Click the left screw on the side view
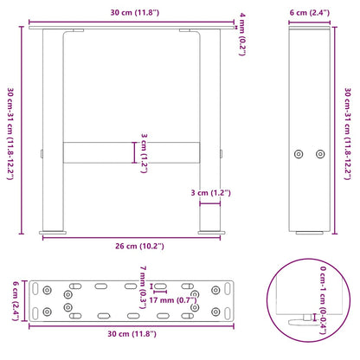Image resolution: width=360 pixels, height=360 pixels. pyautogui.click(x=299, y=153)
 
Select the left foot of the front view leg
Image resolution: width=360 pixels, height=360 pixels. pyautogui.click(x=54, y=232)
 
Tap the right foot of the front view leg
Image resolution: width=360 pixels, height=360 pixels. pyautogui.click(x=209, y=232)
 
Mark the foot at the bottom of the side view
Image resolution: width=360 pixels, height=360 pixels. pyautogui.click(x=309, y=232)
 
